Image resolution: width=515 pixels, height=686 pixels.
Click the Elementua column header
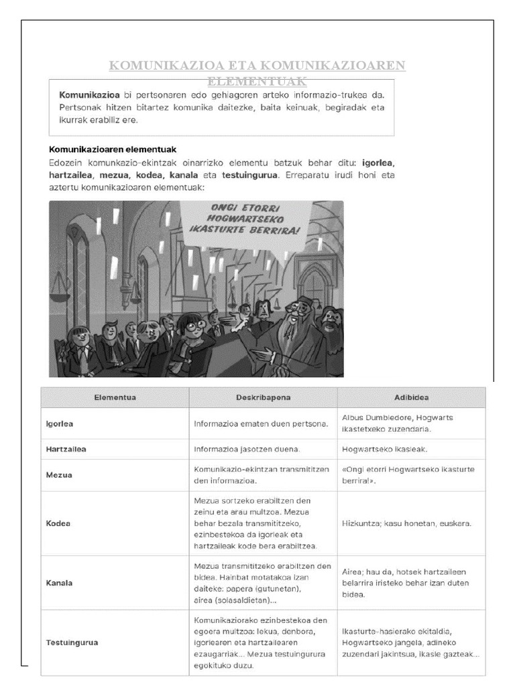pyautogui.click(x=115, y=397)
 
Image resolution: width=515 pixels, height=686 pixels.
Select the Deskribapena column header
pyautogui.click(x=263, y=397)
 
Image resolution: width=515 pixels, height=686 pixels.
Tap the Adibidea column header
pyautogui.click(x=411, y=397)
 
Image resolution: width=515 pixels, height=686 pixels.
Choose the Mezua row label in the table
pyautogui.click(x=58, y=474)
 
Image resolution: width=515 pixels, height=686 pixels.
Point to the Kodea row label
pyautogui.click(x=58, y=523)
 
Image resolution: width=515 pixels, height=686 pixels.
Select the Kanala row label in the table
pyautogui.click(x=59, y=582)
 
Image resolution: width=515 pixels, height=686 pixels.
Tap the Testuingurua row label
pyautogui.click(x=72, y=642)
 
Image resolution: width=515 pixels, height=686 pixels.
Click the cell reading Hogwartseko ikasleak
pyautogui.click(x=384, y=449)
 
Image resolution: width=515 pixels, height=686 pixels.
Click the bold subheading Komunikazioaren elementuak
pyautogui.click(x=113, y=149)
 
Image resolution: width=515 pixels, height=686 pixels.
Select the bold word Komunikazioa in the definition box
pyautogui.click(x=90, y=95)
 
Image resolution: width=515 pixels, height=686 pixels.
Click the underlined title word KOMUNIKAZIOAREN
pyautogui.click(x=332, y=66)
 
